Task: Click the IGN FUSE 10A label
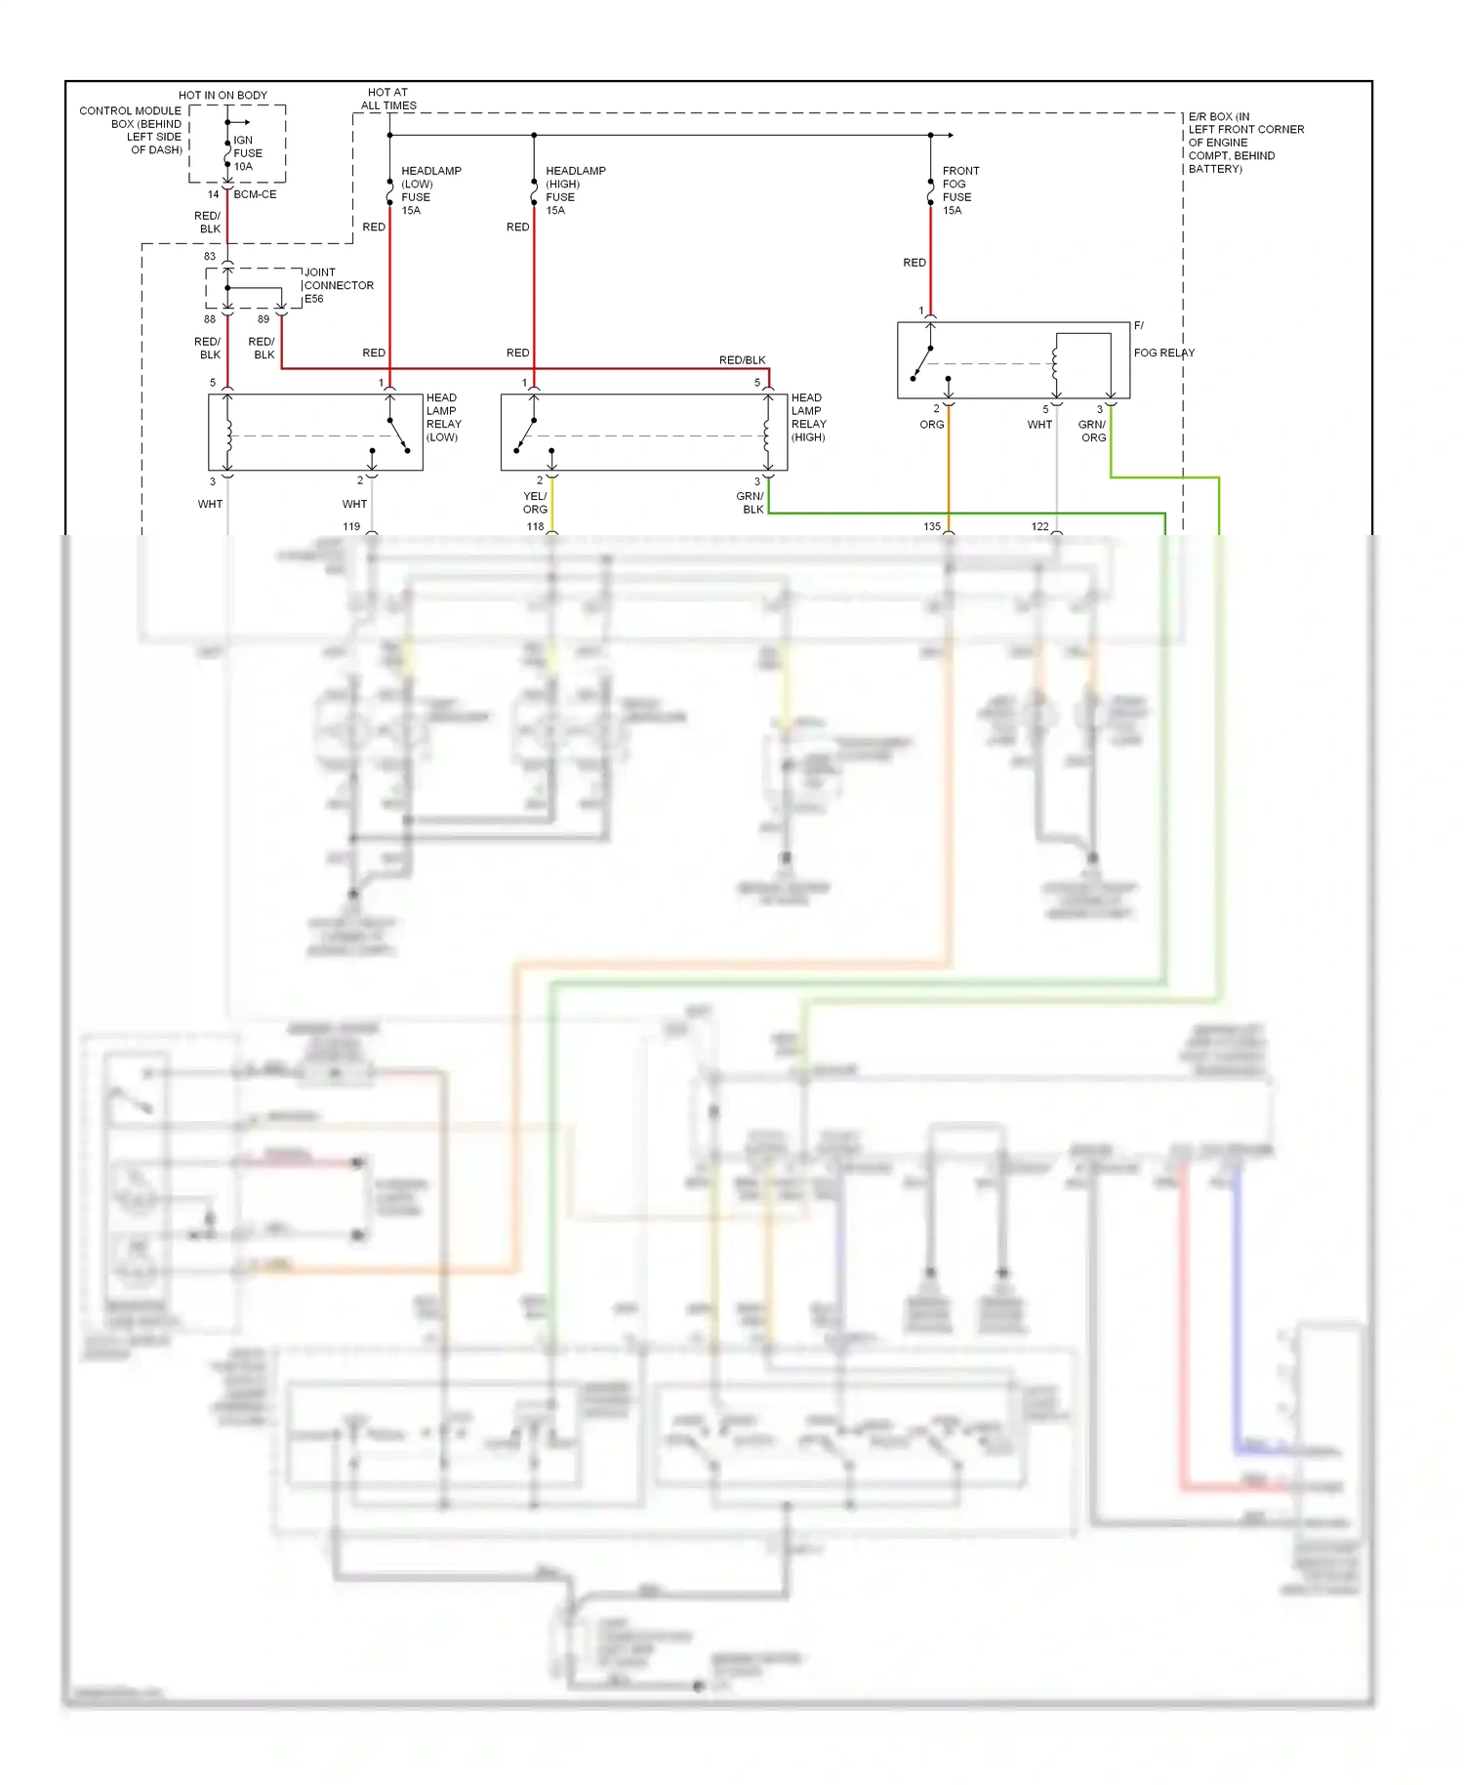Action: coord(247,153)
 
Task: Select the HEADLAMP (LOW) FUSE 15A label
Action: coord(430,190)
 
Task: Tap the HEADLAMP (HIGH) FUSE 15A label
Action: coord(575,190)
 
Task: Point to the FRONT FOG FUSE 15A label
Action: coord(959,190)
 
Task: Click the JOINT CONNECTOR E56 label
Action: coord(338,285)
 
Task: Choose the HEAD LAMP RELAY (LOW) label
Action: coord(443,417)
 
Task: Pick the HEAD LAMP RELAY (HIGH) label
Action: coord(808,417)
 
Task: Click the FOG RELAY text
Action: coord(1163,353)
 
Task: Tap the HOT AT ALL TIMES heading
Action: coord(388,99)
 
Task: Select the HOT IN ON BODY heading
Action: coord(223,95)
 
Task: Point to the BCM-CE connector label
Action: coord(255,194)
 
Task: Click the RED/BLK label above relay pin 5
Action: coord(742,360)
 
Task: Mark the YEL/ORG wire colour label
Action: coord(535,503)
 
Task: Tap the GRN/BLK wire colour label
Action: coord(751,503)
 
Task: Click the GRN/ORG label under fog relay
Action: coord(1092,431)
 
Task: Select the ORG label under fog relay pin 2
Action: coord(931,425)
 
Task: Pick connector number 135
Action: coord(931,526)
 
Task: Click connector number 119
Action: coord(351,526)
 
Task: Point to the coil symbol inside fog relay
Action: coord(1056,364)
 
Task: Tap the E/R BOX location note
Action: coord(1244,143)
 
